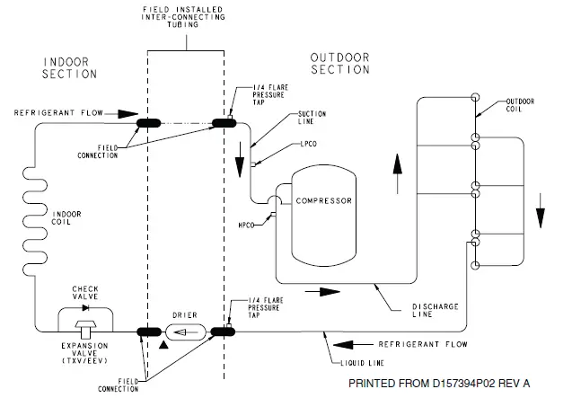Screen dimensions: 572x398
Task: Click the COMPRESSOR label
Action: tap(324, 201)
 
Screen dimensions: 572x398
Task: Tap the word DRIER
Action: tap(185, 315)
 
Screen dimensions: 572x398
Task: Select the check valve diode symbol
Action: tap(85, 308)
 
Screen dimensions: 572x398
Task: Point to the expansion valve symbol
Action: tap(85, 329)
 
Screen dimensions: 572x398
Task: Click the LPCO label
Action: tap(309, 144)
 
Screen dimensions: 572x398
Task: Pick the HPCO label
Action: tap(246, 226)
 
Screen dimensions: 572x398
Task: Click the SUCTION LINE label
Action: tap(312, 118)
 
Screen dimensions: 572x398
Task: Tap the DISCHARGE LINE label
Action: tap(436, 310)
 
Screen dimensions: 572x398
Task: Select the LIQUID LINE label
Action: tap(362, 363)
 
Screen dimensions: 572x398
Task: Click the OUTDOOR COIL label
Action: tap(520, 105)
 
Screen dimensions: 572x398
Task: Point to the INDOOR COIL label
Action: tap(66, 218)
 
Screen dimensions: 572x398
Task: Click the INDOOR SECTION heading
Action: tap(69, 68)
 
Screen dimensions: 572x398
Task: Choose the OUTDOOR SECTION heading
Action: tap(340, 64)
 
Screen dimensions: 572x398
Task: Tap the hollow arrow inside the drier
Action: tap(186, 332)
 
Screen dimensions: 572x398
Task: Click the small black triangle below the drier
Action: tap(163, 345)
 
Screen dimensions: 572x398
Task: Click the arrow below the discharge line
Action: tap(322, 292)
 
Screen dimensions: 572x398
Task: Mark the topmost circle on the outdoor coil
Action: tap(475, 98)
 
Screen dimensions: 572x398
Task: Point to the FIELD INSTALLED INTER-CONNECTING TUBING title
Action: tap(183, 17)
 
